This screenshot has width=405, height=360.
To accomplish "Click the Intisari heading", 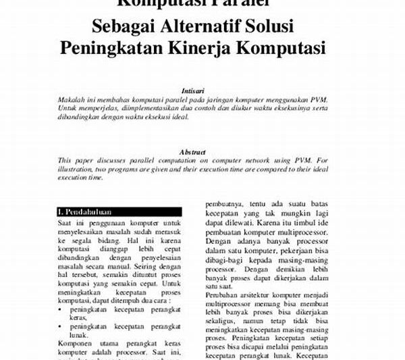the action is click(194, 89).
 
